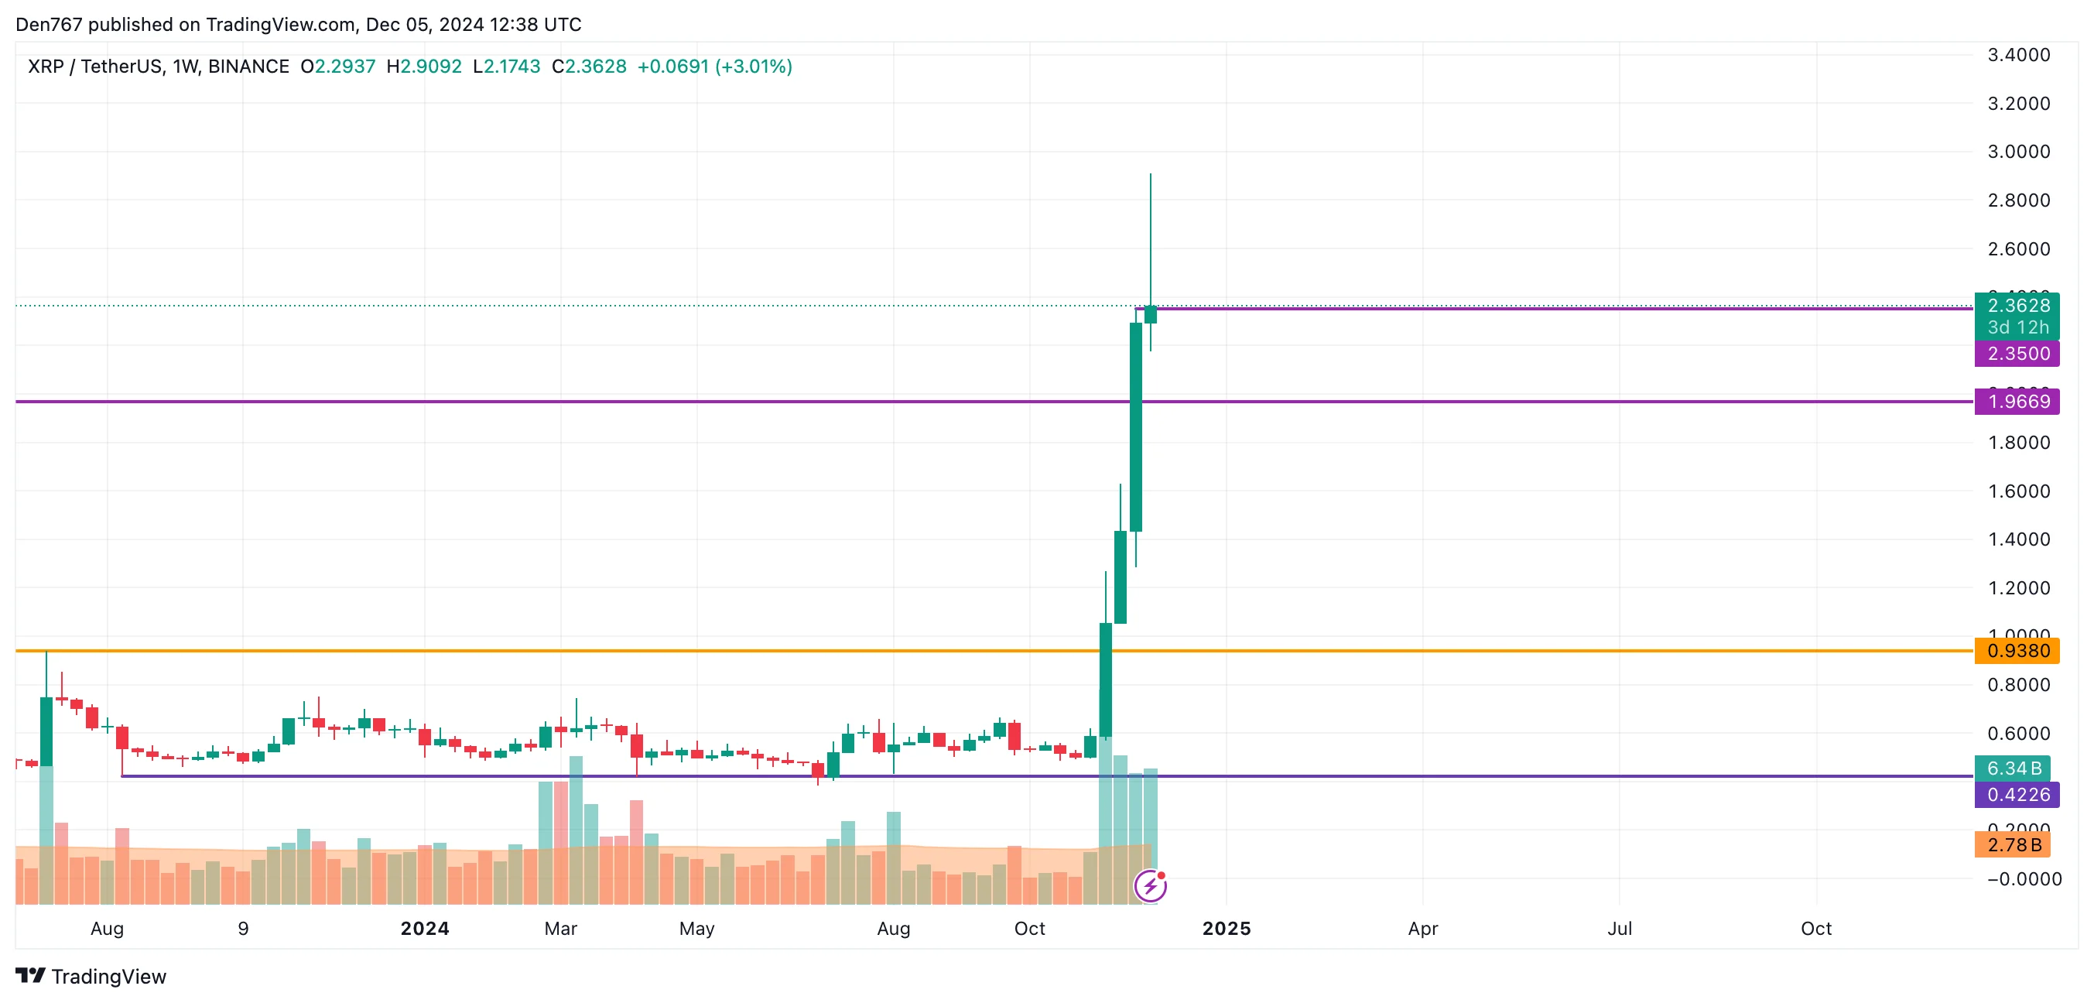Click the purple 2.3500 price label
(2017, 354)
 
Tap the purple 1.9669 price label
(2017, 402)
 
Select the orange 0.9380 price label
(2017, 651)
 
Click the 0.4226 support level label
(2017, 795)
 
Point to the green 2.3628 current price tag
(2017, 306)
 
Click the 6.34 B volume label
(2013, 768)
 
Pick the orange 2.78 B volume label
(2013, 845)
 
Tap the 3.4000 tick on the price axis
(2018, 55)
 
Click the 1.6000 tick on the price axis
(2018, 491)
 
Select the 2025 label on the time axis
(1227, 929)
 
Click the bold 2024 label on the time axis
(424, 929)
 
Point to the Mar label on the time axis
(561, 929)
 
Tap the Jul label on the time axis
(1620, 929)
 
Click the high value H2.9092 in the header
(424, 67)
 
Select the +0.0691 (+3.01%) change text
(714, 67)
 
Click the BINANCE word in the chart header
(248, 67)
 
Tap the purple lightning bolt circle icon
(1150, 886)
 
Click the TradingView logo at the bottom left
(91, 976)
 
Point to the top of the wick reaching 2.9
(1150, 175)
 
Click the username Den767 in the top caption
(49, 25)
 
